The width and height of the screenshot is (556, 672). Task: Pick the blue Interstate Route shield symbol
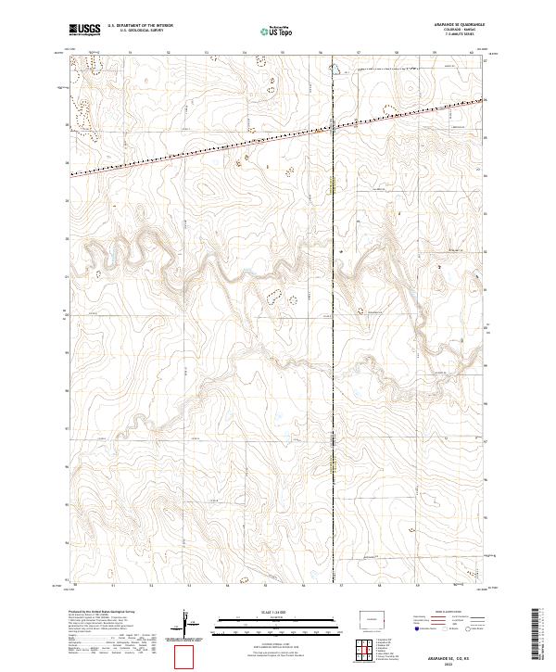click(x=416, y=628)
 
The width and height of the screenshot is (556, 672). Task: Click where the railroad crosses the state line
click(x=334, y=128)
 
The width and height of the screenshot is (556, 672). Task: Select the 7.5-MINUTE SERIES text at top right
click(x=457, y=36)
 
